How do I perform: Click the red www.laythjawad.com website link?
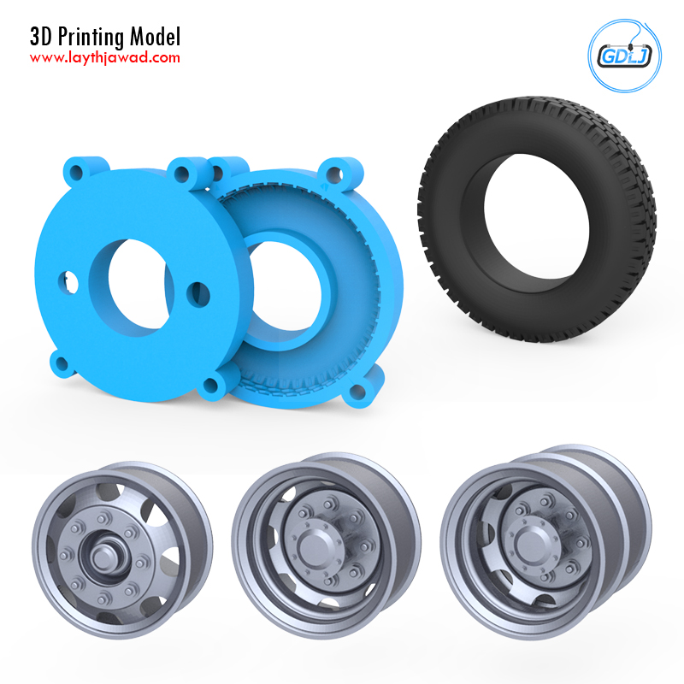point(104,58)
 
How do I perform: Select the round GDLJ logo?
point(625,56)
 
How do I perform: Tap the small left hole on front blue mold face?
point(68,282)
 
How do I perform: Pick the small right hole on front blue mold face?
point(198,294)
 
